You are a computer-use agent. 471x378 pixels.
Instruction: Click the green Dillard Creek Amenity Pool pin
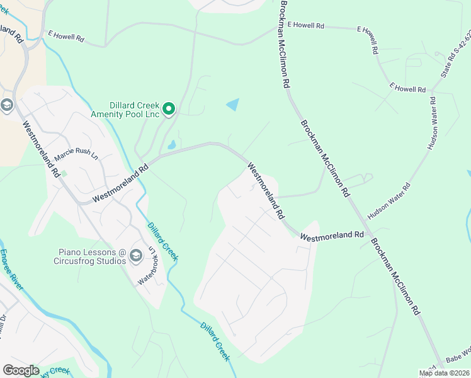[169, 110]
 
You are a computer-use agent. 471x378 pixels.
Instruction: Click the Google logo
[21, 370]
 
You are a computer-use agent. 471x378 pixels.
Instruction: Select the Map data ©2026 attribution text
[443, 373]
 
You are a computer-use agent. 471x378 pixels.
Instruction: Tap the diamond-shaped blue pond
[233, 104]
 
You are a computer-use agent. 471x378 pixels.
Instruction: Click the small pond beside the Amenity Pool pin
[171, 146]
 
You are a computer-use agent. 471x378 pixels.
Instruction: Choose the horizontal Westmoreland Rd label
[332, 236]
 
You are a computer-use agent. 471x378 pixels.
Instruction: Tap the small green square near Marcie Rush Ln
[63, 173]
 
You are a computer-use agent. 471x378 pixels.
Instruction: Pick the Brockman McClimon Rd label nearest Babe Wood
[395, 276]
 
